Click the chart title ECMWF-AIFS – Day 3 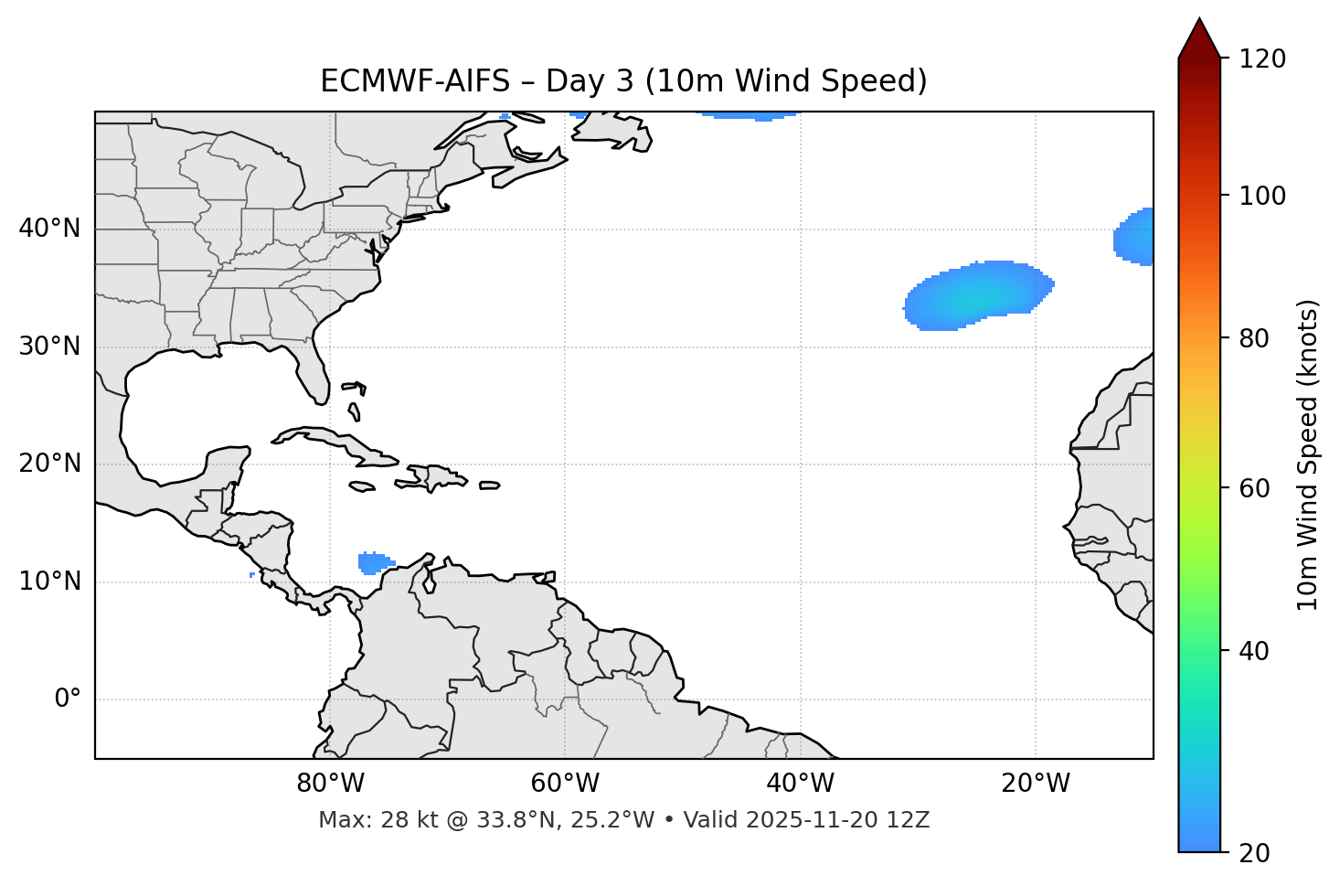click(x=623, y=81)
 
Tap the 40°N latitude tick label click(x=49, y=229)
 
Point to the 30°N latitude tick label click(x=49, y=347)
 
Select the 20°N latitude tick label click(x=49, y=464)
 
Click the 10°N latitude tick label click(x=49, y=582)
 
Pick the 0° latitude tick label click(x=68, y=699)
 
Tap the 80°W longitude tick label click(x=330, y=784)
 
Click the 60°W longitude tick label click(x=565, y=784)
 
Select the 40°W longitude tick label click(x=800, y=784)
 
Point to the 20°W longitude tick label click(x=1035, y=784)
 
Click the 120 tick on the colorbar click(x=1261, y=59)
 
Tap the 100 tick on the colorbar click(x=1261, y=196)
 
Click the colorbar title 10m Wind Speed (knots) click(x=1308, y=454)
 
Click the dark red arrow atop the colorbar click(x=1198, y=38)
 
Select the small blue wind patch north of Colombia click(x=372, y=562)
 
